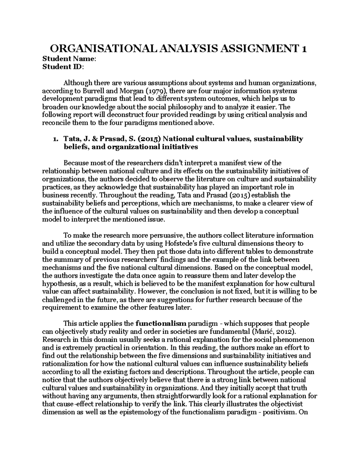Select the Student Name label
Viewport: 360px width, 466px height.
[69, 59]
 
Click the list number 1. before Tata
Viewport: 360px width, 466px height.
[55, 139]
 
